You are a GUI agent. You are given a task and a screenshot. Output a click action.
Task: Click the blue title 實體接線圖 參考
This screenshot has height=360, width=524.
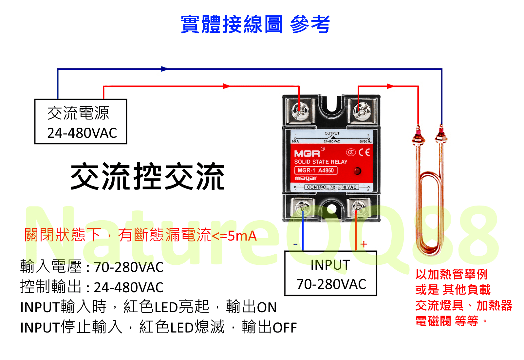click(255, 24)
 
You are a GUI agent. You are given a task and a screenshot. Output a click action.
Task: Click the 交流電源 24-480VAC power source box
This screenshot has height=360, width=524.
click(81, 122)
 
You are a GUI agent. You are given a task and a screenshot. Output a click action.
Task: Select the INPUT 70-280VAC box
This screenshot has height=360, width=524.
click(331, 274)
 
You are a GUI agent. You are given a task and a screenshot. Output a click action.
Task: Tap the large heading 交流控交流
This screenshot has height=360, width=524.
click(147, 177)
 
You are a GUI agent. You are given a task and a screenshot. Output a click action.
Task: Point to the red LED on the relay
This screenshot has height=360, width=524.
click(357, 171)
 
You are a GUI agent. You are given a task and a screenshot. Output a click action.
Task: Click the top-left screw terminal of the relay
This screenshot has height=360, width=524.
click(299, 110)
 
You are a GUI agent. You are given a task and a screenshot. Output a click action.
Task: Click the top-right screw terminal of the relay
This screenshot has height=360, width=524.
click(362, 110)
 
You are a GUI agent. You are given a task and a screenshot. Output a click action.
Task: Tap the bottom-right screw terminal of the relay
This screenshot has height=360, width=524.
click(359, 207)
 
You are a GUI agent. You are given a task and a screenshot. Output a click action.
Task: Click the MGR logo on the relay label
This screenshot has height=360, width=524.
click(307, 153)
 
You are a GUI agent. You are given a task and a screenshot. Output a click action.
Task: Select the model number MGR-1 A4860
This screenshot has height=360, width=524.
click(316, 171)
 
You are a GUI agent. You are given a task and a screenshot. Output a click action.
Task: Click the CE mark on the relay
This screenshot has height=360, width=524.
click(364, 152)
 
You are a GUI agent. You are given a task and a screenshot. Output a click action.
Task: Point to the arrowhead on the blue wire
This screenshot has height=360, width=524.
click(164, 69)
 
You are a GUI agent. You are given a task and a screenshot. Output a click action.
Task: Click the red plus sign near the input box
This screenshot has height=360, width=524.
click(364, 244)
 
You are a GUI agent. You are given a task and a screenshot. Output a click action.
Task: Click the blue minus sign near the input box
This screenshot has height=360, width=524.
click(295, 244)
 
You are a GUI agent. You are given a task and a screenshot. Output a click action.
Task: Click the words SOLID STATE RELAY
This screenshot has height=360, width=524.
click(321, 162)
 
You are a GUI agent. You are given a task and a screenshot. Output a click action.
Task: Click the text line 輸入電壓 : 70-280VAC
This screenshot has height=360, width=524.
click(92, 267)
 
